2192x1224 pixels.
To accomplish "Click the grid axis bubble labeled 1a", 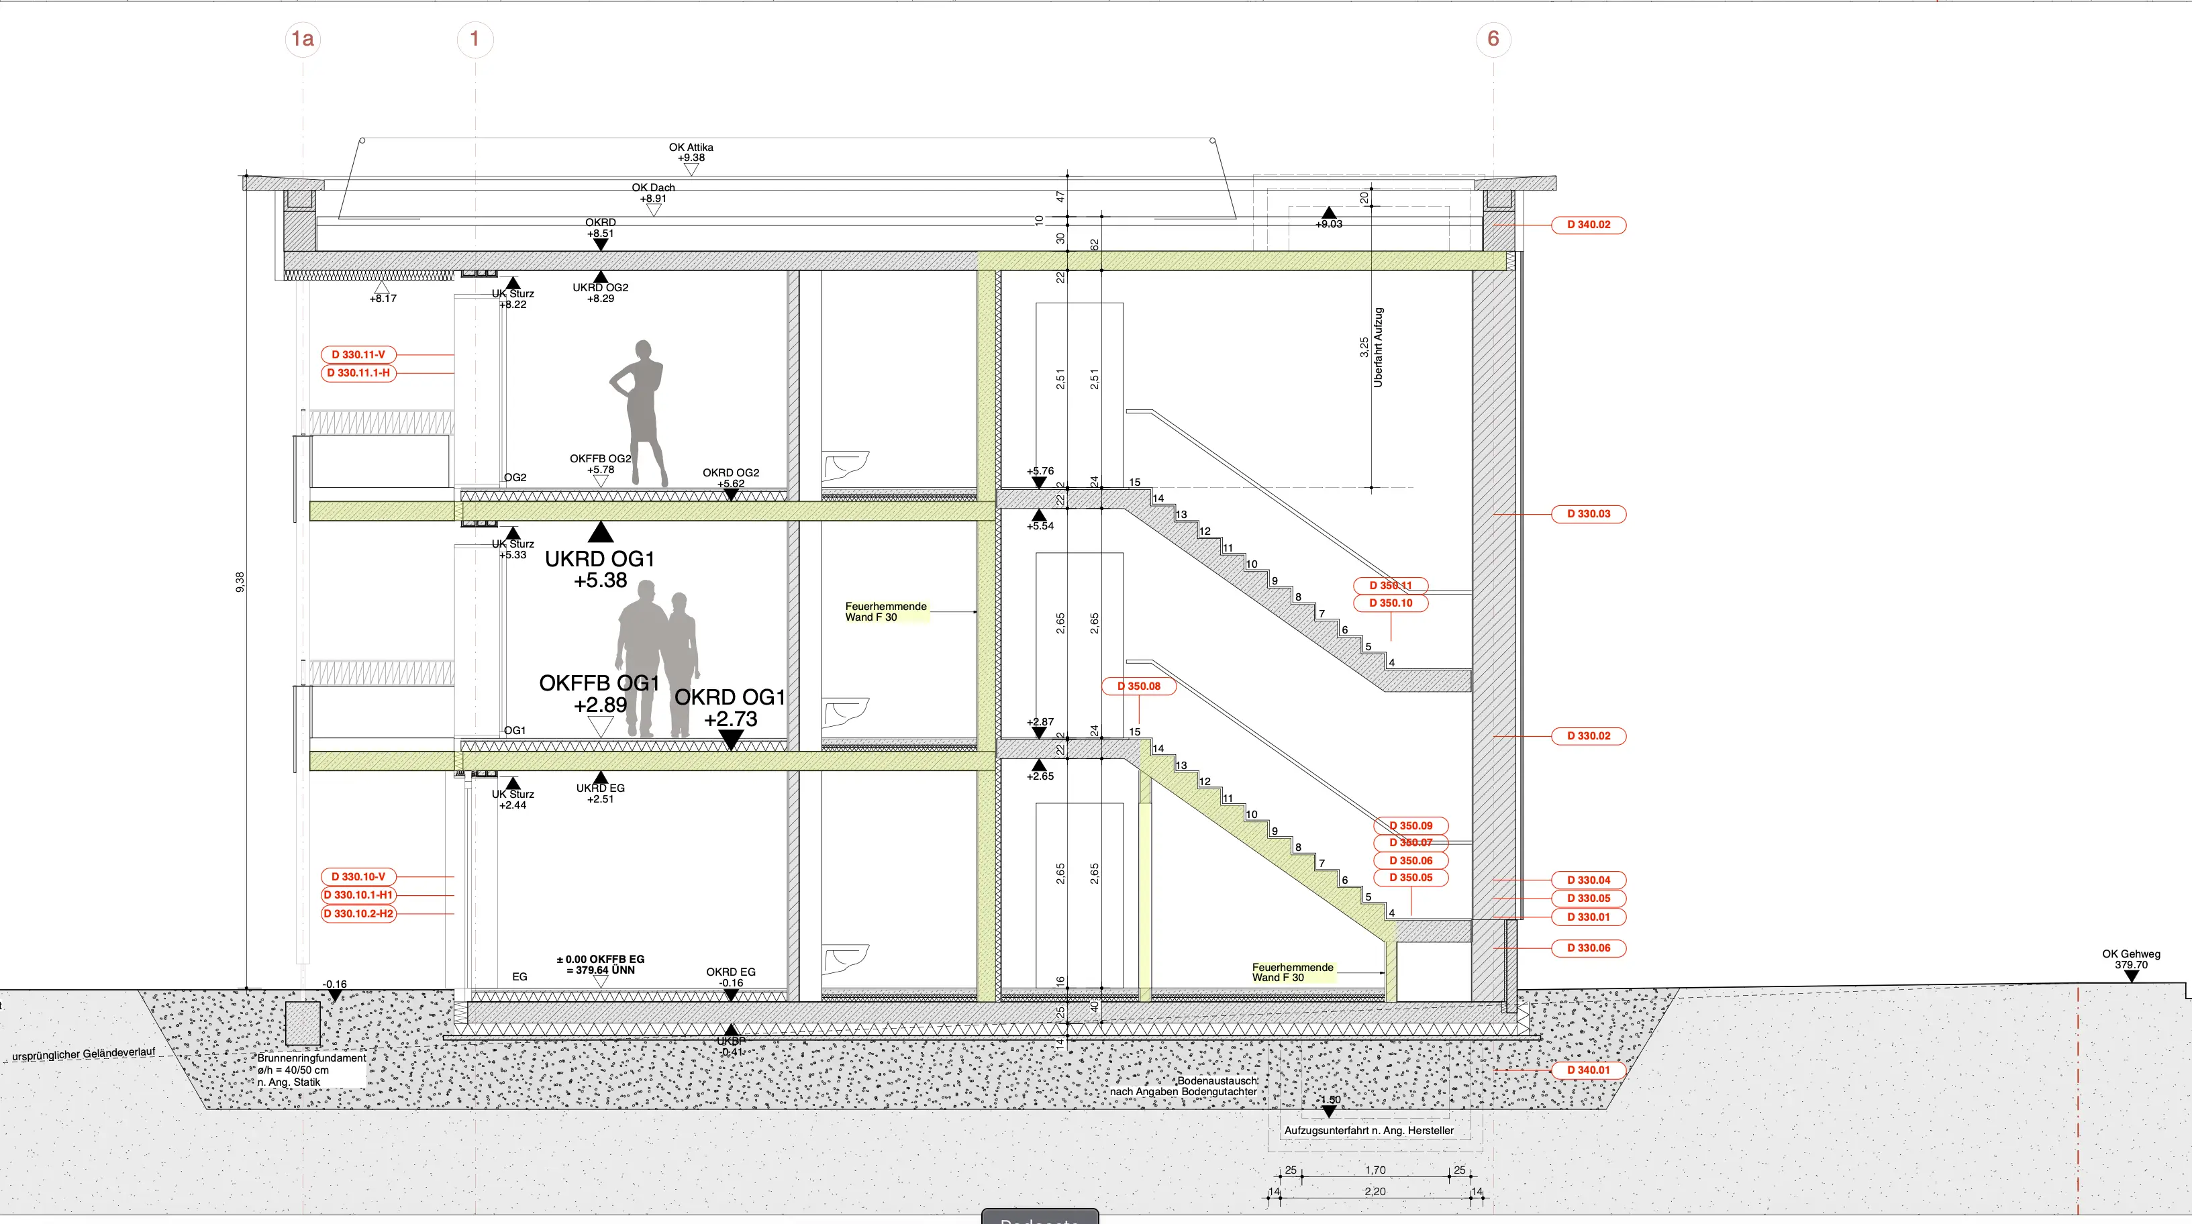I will [302, 39].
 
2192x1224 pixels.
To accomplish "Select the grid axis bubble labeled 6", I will [1493, 39].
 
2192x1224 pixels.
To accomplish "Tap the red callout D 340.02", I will [1588, 225].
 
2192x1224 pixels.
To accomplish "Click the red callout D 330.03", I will [1588, 514].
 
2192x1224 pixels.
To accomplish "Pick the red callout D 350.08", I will [1138, 686].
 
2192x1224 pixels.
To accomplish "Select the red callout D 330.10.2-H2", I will [358, 913].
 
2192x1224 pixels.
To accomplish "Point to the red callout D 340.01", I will [1588, 1070].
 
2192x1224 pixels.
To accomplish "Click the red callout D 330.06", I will [1588, 948].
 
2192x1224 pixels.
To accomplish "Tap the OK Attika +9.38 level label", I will [691, 152].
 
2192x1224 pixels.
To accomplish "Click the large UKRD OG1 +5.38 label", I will [600, 569].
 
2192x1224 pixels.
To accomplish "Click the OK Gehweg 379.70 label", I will [2131, 959].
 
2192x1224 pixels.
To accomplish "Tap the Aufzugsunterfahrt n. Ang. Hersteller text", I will [1368, 1131].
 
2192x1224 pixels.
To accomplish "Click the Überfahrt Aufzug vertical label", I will [1378, 347].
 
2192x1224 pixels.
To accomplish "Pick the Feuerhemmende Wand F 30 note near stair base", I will [1292, 972].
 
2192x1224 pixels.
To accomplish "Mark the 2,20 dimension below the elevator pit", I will [1375, 1192].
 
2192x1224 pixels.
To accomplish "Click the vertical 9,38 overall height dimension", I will [240, 582].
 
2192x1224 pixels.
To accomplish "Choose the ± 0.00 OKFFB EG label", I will [600, 964].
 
